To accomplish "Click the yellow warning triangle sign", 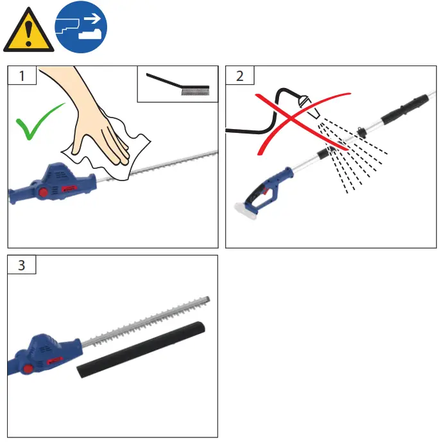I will pyautogui.click(x=28, y=32).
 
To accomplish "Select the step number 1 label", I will pyautogui.click(x=22, y=76).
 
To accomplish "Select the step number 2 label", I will pyautogui.click(x=240, y=76).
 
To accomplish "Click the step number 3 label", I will pyautogui.click(x=22, y=264).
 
